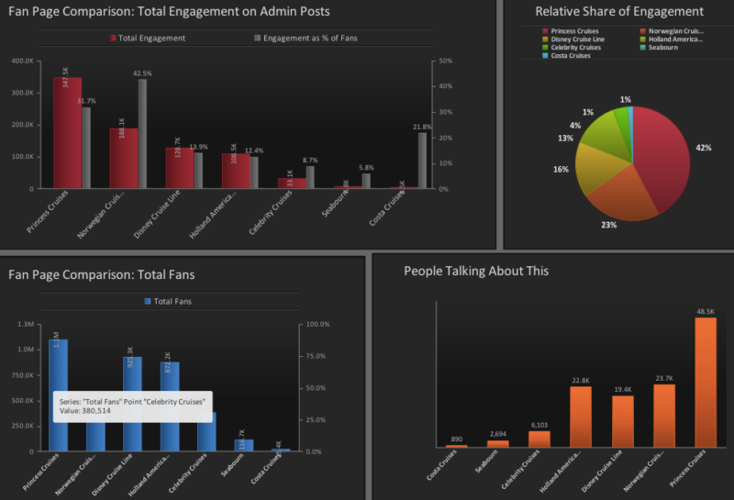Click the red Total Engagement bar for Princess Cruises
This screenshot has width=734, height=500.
point(66,133)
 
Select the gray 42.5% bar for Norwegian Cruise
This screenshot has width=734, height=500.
point(142,134)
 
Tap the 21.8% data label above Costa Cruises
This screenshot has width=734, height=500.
point(422,127)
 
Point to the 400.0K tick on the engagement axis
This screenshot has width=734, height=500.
point(22,61)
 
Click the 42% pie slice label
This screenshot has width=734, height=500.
point(704,148)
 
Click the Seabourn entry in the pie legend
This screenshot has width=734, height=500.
point(664,48)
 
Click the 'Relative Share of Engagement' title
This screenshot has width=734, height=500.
point(619,12)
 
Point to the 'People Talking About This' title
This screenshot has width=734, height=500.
point(476,271)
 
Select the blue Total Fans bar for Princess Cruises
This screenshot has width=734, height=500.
point(59,394)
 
